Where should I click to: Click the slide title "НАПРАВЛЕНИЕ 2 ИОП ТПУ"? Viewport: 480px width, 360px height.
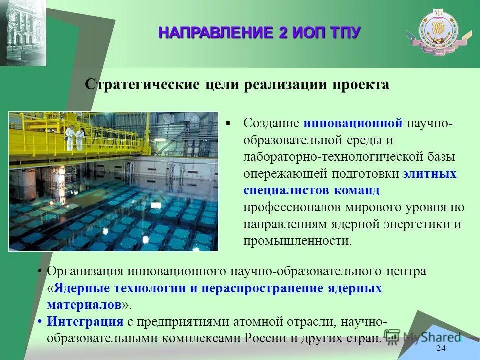259,33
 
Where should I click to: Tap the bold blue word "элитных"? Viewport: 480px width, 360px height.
429,174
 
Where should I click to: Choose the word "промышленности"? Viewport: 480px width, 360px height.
296,241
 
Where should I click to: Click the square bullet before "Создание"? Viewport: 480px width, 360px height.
229,123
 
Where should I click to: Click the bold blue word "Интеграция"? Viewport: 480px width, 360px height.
85,321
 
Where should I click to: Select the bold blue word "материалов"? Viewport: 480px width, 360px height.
84,304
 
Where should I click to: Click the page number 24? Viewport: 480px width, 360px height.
441,349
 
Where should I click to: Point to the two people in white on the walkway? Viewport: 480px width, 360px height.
74,137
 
